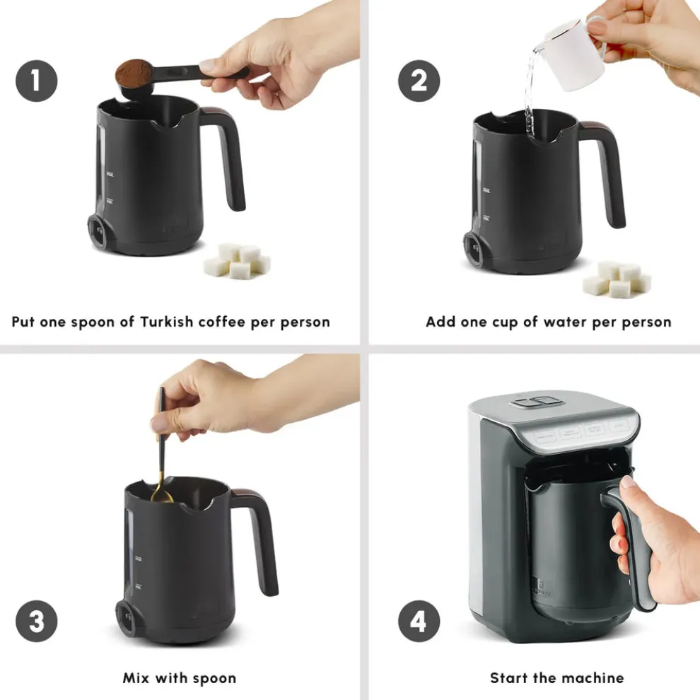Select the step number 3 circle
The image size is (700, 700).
point(37,623)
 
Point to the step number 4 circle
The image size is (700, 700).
point(419,623)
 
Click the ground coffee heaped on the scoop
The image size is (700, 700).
point(132,71)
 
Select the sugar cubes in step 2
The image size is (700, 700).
point(616,279)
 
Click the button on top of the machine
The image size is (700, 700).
point(537,402)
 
